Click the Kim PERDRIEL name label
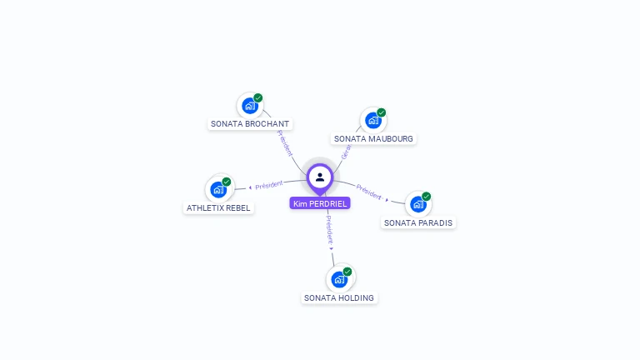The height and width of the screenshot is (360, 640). (x=320, y=203)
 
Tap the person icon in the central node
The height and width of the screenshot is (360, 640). (x=320, y=177)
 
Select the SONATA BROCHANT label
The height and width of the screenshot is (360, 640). (x=250, y=124)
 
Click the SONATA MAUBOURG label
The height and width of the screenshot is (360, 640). (x=373, y=139)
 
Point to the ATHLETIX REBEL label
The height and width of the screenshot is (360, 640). (x=218, y=208)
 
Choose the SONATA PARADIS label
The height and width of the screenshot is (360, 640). (x=418, y=223)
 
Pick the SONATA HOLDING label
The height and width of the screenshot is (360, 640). (x=339, y=298)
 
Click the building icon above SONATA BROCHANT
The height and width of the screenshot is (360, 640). (x=248, y=106)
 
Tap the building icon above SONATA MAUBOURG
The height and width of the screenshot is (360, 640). (x=372, y=121)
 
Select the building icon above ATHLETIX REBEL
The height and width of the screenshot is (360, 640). (x=217, y=189)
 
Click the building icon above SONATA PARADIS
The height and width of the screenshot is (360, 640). (x=417, y=204)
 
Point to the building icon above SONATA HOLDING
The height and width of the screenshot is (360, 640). (x=338, y=279)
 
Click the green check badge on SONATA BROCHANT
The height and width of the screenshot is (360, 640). (x=258, y=97)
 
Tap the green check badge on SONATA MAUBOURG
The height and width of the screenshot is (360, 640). (x=382, y=112)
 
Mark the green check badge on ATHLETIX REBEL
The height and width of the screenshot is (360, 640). (x=227, y=182)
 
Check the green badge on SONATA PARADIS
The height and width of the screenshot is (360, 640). (x=427, y=197)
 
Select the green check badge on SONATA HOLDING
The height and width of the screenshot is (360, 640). (x=347, y=272)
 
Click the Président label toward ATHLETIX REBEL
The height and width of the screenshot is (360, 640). (x=269, y=184)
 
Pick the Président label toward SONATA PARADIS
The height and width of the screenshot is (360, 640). (x=369, y=192)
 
